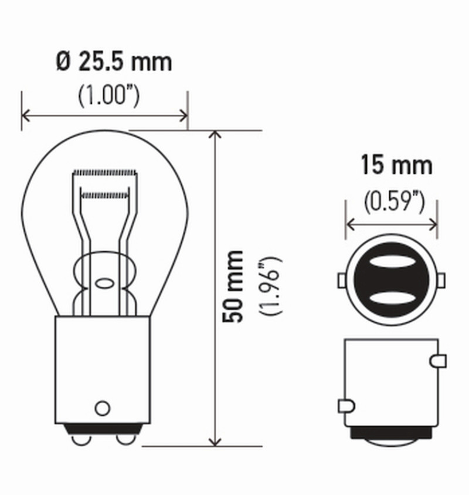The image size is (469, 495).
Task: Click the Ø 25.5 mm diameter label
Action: click(114, 61)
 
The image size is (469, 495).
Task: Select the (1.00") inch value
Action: click(109, 96)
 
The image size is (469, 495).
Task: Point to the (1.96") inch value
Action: click(273, 286)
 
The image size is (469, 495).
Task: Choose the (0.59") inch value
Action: click(393, 202)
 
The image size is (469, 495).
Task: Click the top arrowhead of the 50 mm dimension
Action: click(216, 136)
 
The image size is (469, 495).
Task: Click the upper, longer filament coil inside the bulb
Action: click(105, 173)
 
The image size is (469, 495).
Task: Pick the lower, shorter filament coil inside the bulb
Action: click(104, 193)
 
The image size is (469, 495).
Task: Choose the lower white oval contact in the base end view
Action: click(391, 299)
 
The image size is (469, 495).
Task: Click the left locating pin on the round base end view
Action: click(342, 281)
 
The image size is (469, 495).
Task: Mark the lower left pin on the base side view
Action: click(346, 405)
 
